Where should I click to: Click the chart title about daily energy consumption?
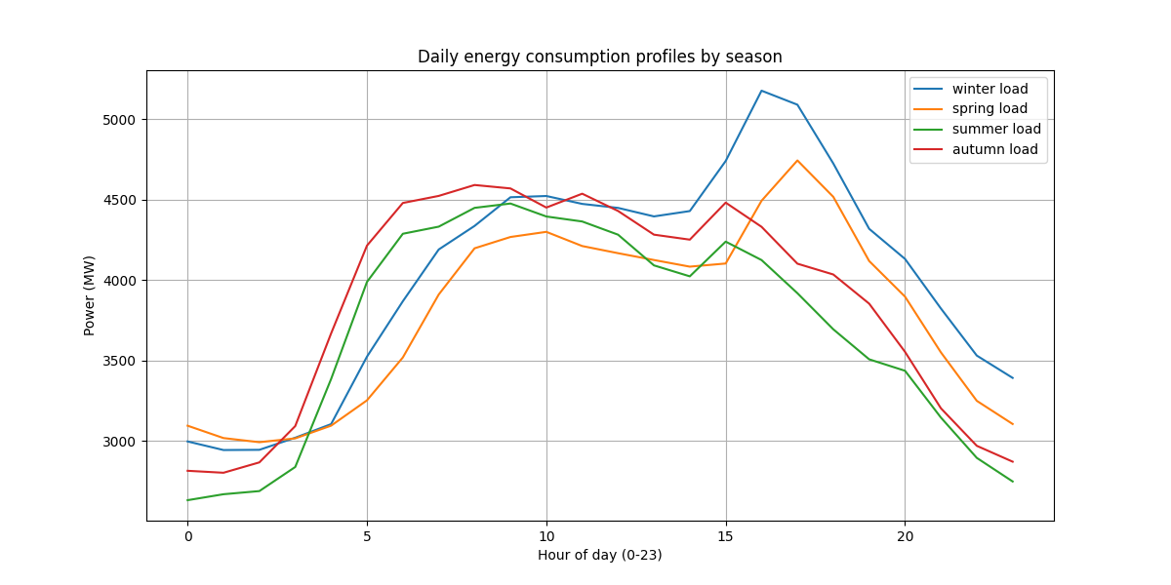599,57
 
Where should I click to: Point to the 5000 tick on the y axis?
119,120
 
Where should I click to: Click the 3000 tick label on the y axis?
119,442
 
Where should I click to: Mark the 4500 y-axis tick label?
119,201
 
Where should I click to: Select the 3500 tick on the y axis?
119,362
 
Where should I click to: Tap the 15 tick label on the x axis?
726,536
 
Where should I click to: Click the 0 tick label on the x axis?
188,536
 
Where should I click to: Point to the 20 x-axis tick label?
905,536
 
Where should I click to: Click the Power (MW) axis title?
90,295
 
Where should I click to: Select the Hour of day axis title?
599,555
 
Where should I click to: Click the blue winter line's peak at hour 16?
762,91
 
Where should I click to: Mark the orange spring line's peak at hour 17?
797,160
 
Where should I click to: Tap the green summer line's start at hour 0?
188,500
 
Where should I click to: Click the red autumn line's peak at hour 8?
474,185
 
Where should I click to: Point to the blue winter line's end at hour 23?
1013,377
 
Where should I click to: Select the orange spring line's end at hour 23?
1013,424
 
